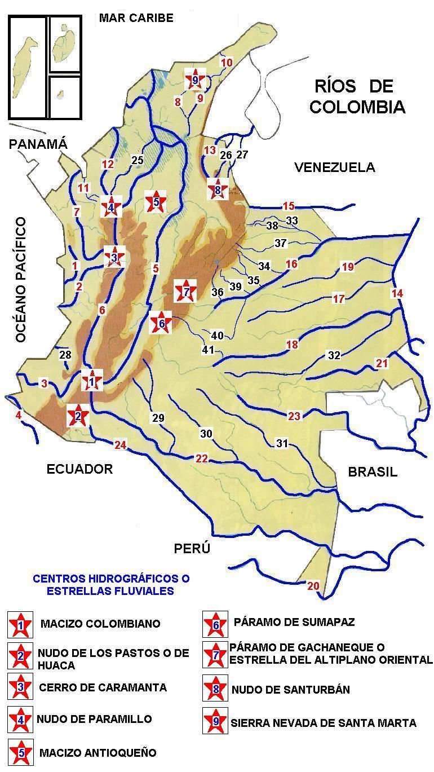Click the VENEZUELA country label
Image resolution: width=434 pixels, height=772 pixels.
[334, 167]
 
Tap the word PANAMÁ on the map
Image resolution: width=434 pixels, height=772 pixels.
[38, 144]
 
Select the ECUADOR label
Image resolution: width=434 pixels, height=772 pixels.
[79, 469]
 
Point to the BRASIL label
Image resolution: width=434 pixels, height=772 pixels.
[373, 472]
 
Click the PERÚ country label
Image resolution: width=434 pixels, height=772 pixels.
[192, 548]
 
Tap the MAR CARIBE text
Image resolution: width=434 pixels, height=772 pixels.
[136, 18]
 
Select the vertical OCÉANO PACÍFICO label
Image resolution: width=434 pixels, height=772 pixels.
[21, 280]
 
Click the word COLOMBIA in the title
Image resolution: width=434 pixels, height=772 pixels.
[357, 107]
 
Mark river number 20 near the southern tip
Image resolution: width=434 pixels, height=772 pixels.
[313, 586]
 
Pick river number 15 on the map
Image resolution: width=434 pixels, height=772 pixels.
[289, 206]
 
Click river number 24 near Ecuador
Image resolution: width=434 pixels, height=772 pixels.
[120, 444]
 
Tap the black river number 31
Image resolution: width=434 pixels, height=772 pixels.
[282, 443]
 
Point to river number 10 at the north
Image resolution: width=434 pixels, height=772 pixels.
[226, 63]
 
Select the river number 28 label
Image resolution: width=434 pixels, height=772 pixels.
[65, 354]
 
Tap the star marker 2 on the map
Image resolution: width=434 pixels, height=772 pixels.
[78, 416]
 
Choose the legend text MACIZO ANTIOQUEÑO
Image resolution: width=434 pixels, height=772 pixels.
[98, 752]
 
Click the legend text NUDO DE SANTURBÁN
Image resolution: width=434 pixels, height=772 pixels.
[290, 689]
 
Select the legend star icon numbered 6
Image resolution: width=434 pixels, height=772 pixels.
[215, 623]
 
